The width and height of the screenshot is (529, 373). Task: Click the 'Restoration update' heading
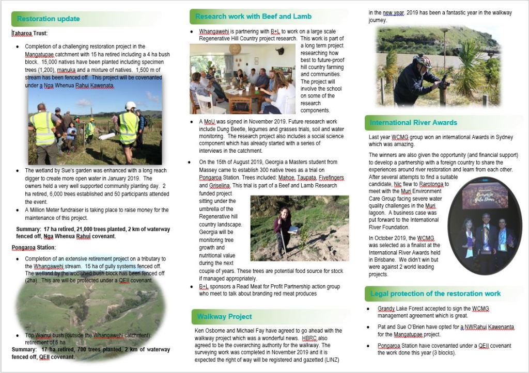49,19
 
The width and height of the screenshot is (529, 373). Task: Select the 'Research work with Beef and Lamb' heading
253,17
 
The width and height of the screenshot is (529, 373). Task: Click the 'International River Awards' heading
413,123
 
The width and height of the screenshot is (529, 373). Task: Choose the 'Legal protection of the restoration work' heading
435,294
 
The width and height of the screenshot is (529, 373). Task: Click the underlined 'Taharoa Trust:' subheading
29,33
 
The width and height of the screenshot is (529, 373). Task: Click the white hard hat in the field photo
130,105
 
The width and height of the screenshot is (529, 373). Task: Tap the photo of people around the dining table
242,79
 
